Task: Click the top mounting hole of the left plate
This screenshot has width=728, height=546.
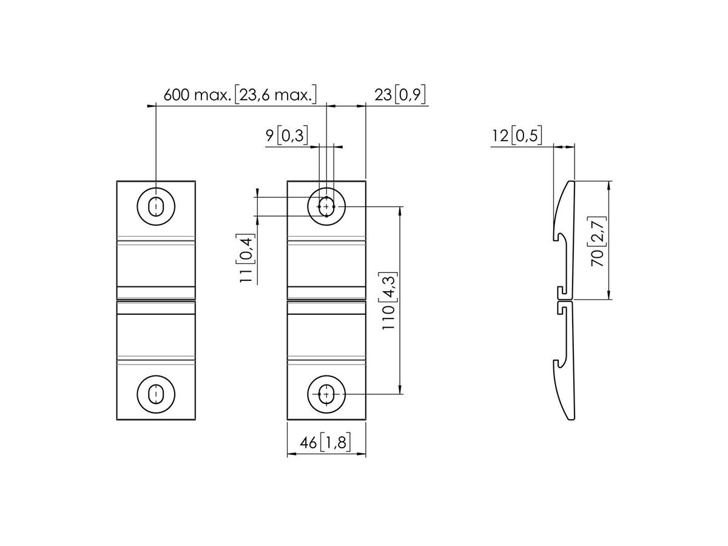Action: coord(157,206)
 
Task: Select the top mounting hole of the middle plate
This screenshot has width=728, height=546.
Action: coord(326,207)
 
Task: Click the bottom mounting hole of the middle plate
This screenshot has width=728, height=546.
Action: coord(326,394)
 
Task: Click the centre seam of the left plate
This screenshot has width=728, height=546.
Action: coord(156,300)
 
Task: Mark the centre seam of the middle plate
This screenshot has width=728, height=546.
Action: coord(326,300)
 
